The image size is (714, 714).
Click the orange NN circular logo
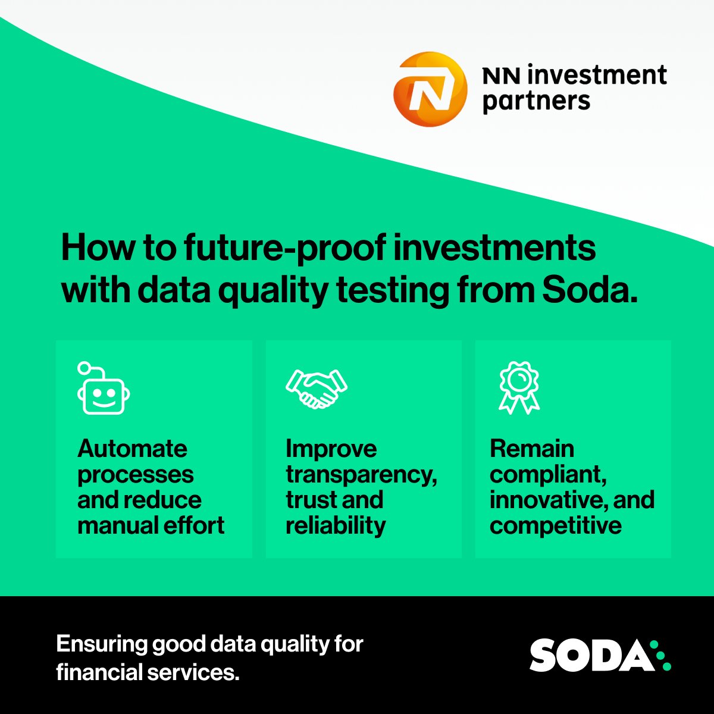pyautogui.click(x=428, y=89)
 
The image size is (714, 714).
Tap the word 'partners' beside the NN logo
pyautogui.click(x=536, y=102)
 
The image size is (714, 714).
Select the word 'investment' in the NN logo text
pyautogui.click(x=597, y=76)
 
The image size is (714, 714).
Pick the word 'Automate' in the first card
pyautogui.click(x=132, y=449)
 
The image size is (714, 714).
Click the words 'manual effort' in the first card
pyautogui.click(x=151, y=525)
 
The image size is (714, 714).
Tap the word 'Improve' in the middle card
pyautogui.click(x=331, y=449)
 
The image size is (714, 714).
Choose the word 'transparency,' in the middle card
pyautogui.click(x=361, y=475)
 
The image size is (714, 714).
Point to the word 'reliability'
pyautogui.click(x=336, y=525)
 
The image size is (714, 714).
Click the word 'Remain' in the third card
pyautogui.click(x=532, y=449)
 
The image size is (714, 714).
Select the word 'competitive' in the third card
pyautogui.click(x=556, y=525)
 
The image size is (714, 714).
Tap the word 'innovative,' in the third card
pyautogui.click(x=542, y=500)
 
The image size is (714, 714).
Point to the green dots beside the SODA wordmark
pyautogui.click(x=660, y=655)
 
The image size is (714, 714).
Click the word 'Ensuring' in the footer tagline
pyautogui.click(x=102, y=644)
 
